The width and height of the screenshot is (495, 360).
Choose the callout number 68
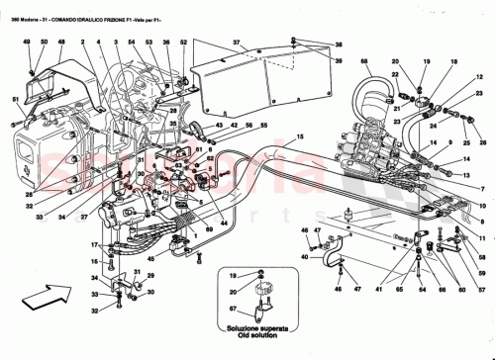point(364,64)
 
